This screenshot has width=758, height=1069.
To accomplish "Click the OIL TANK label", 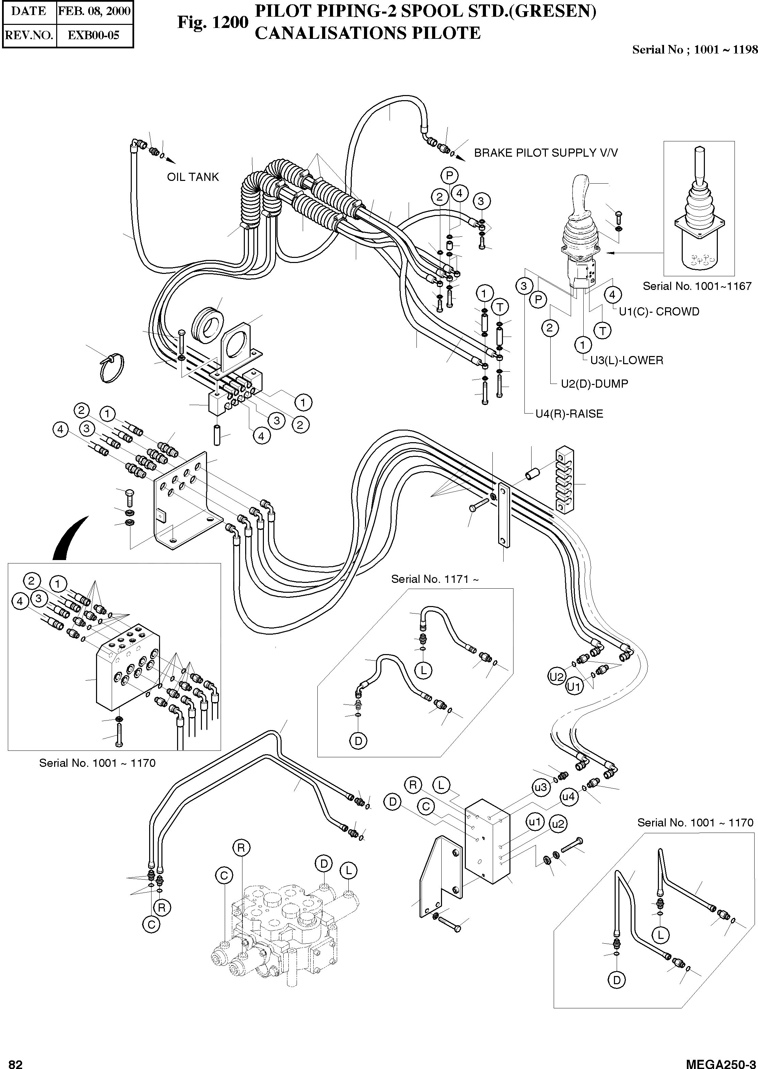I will pos(193,177).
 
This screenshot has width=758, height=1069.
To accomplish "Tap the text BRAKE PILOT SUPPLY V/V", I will pos(546,153).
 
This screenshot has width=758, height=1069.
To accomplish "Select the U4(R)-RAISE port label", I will pos(569,414).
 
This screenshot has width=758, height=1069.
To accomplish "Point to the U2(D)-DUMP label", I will pos(594,384).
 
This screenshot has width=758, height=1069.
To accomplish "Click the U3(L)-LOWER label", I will pos(626,360).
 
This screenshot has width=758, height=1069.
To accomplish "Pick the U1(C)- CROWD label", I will pos(659,311).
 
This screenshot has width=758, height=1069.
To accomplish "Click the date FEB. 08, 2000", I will pos(94,11).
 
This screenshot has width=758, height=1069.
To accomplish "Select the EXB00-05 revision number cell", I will pos(94,35).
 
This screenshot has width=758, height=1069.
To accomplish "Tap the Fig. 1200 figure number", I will pos(212,22).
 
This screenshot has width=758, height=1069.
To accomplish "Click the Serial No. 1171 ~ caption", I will pos(435,579).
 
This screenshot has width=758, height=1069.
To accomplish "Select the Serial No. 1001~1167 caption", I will pos(697,286).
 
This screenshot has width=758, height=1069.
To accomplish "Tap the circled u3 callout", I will pos(540,788).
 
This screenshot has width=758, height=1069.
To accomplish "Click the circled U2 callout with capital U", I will pos(557,677).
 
